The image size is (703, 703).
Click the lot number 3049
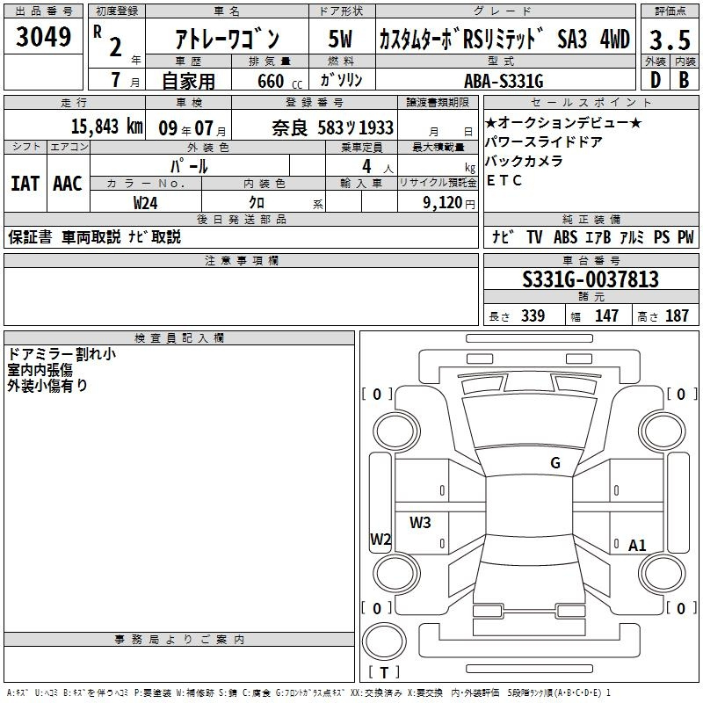pyautogui.click(x=43, y=37)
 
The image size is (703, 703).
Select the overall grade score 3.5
pyautogui.click(x=670, y=40)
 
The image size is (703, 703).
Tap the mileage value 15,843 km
pyautogui.click(x=106, y=127)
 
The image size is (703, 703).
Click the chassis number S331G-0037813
pyautogui.click(x=591, y=279)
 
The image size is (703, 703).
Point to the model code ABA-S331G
pyautogui.click(x=504, y=81)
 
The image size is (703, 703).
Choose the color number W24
pyautogui.click(x=145, y=203)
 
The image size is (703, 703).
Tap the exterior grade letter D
pyautogui.click(x=656, y=80)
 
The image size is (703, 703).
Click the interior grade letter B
pyautogui.click(x=684, y=80)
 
